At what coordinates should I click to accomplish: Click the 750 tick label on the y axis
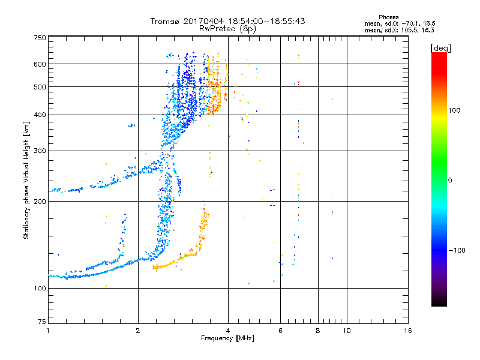[40, 37]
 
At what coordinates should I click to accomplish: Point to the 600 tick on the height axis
[40, 64]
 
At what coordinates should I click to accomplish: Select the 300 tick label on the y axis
[40, 150]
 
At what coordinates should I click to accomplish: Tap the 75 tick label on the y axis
[41, 322]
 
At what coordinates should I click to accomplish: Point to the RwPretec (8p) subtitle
[228, 28]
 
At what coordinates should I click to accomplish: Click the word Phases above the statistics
[391, 16]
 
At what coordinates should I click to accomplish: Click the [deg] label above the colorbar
[442, 47]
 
